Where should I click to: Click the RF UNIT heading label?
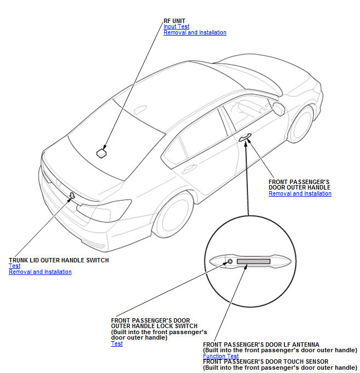point(174,21)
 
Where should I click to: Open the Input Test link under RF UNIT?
point(176,26)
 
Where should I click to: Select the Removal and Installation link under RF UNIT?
point(195,32)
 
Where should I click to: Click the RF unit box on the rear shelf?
point(101,153)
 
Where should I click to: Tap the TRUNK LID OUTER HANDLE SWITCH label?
point(59,260)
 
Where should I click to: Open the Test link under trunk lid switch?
point(14,266)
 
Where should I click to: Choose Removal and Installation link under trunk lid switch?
point(40,272)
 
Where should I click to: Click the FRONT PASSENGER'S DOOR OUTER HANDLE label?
point(299,185)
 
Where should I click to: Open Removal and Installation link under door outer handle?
point(300,193)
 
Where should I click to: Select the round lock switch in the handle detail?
point(230,261)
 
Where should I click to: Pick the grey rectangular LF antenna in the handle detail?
point(253,261)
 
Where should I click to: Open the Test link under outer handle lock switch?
point(117,343)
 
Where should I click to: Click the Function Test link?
point(220,356)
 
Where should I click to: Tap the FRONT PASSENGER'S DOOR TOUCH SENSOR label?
point(265,361)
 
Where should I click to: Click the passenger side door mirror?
point(278,108)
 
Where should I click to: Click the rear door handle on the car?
point(189,168)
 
